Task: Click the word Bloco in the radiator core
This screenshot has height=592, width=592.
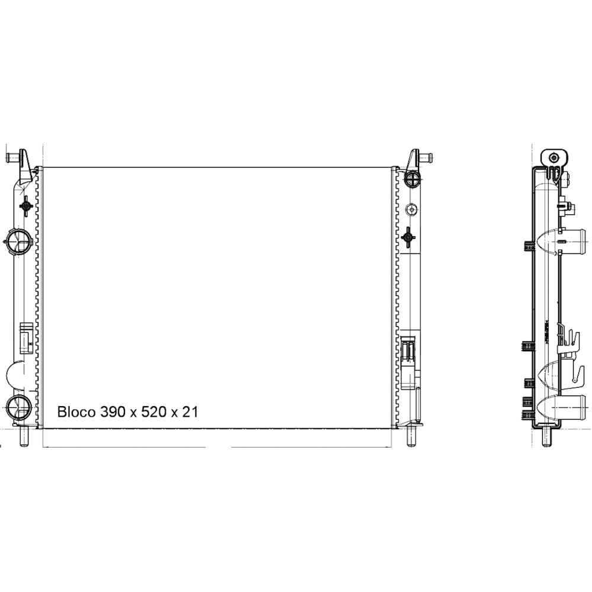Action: pos(76,412)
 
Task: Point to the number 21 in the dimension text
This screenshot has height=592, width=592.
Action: pos(189,412)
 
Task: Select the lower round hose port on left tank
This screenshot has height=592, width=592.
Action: pos(18,407)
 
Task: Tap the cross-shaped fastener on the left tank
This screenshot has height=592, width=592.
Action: pos(26,206)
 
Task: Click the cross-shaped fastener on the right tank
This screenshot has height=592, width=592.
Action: pos(408,237)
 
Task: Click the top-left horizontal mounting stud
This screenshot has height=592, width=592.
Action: pos(12,157)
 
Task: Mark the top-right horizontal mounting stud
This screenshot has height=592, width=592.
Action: pos(426,157)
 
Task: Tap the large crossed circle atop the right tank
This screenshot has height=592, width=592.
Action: pos(411,179)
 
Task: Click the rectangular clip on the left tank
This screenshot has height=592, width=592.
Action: pos(26,337)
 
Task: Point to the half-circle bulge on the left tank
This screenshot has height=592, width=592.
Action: pos(15,374)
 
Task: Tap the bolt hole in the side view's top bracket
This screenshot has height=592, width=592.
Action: pos(554,157)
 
